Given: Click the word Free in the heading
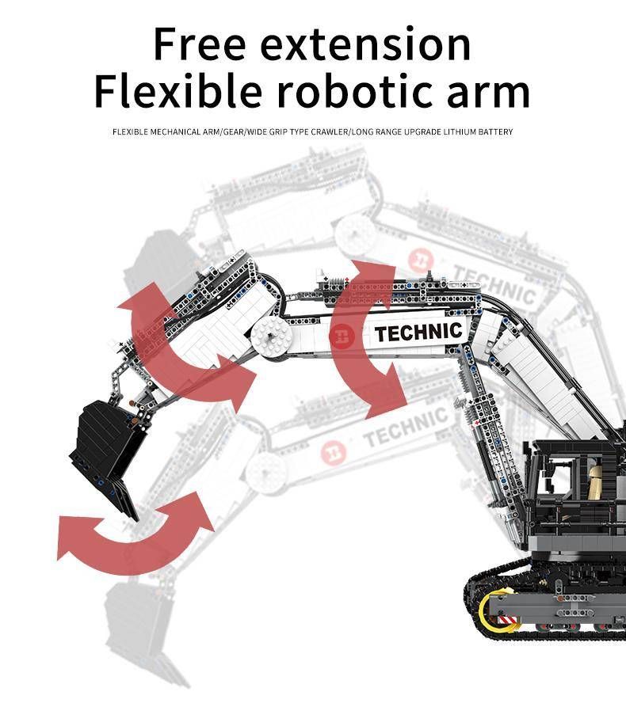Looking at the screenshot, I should coord(200,44).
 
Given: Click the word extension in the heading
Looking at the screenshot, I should coord(366,46).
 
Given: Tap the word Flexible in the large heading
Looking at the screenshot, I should coord(177,93).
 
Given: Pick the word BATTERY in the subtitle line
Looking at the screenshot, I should coord(492,131).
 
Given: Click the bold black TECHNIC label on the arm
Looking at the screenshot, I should coord(418,333).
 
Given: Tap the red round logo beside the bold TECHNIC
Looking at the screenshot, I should coord(340,336).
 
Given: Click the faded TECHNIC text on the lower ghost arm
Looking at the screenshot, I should coord(404,428).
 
